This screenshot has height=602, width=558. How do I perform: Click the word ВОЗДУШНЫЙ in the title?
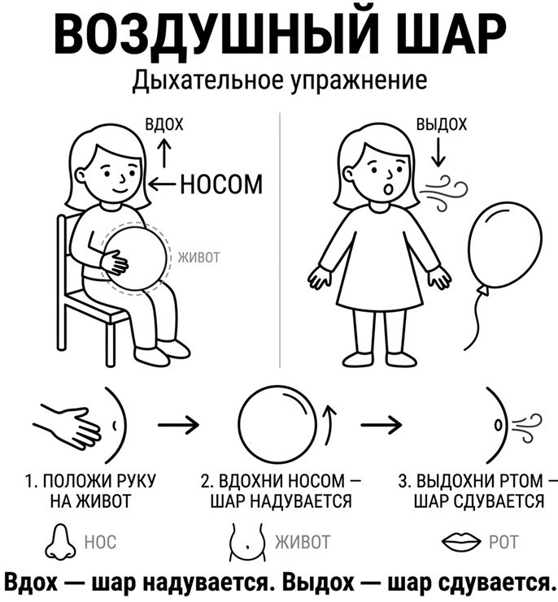(x=217, y=34)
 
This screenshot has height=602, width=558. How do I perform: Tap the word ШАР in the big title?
(x=451, y=35)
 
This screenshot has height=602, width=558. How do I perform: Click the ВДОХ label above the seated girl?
(x=164, y=124)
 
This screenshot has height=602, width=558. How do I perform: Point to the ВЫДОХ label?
(x=442, y=124)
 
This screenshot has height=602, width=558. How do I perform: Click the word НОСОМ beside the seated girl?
(x=222, y=184)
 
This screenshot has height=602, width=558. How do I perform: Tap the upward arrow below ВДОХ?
(x=165, y=153)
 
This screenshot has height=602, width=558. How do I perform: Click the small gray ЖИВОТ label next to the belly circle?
(x=198, y=258)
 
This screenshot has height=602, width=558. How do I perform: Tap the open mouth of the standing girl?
(x=388, y=189)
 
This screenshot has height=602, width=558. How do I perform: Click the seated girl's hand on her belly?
(x=114, y=262)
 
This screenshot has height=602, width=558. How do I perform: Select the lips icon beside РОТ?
(x=460, y=541)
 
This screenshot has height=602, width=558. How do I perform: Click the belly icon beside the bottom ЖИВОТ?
(x=247, y=541)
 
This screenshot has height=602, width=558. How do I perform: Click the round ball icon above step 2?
(x=277, y=426)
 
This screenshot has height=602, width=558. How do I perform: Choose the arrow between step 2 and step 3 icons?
(x=381, y=425)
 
